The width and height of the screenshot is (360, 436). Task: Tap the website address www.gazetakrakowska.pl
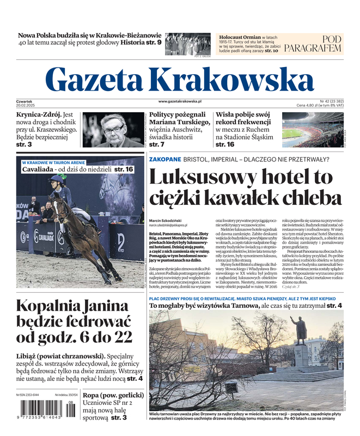tap(180, 101)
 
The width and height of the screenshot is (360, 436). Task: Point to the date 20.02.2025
tap(26, 105)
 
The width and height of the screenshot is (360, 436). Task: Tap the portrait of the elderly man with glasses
tap(113, 130)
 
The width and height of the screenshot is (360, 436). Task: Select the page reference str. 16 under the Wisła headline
tap(225, 144)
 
